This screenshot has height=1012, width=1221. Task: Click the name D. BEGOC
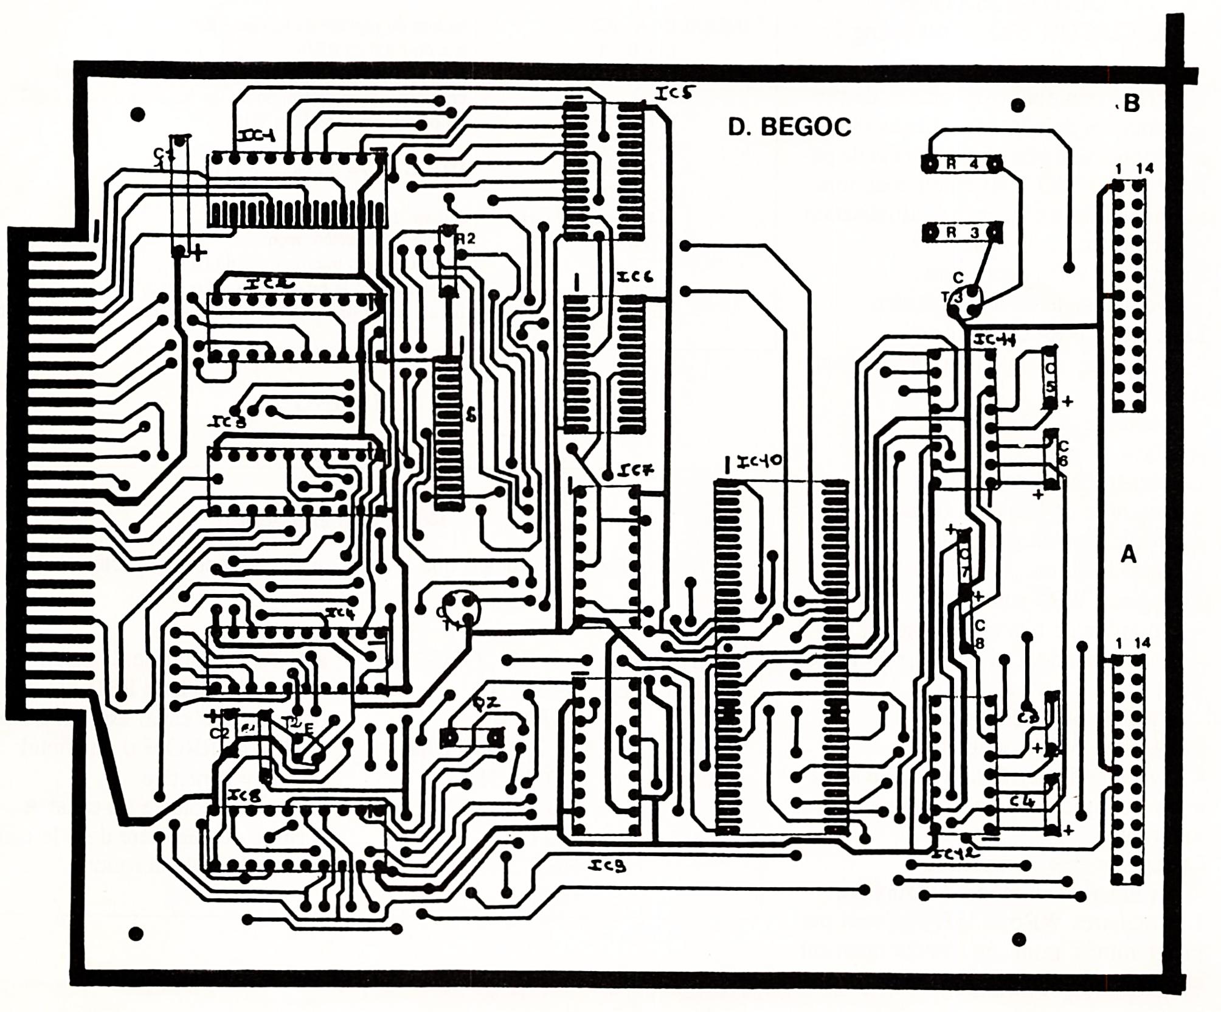point(789,127)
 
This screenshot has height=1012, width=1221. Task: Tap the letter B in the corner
point(1131,104)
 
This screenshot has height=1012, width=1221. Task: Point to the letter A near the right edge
point(1128,554)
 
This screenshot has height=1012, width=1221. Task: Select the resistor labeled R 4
point(961,164)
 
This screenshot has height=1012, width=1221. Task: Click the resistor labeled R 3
point(961,232)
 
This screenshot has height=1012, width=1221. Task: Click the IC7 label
point(637,470)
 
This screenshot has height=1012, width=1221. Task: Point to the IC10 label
point(759,462)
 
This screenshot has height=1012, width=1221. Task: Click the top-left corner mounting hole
point(139,113)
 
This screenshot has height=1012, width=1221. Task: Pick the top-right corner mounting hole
point(1017,106)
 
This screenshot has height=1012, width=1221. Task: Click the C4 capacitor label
point(1022,802)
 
